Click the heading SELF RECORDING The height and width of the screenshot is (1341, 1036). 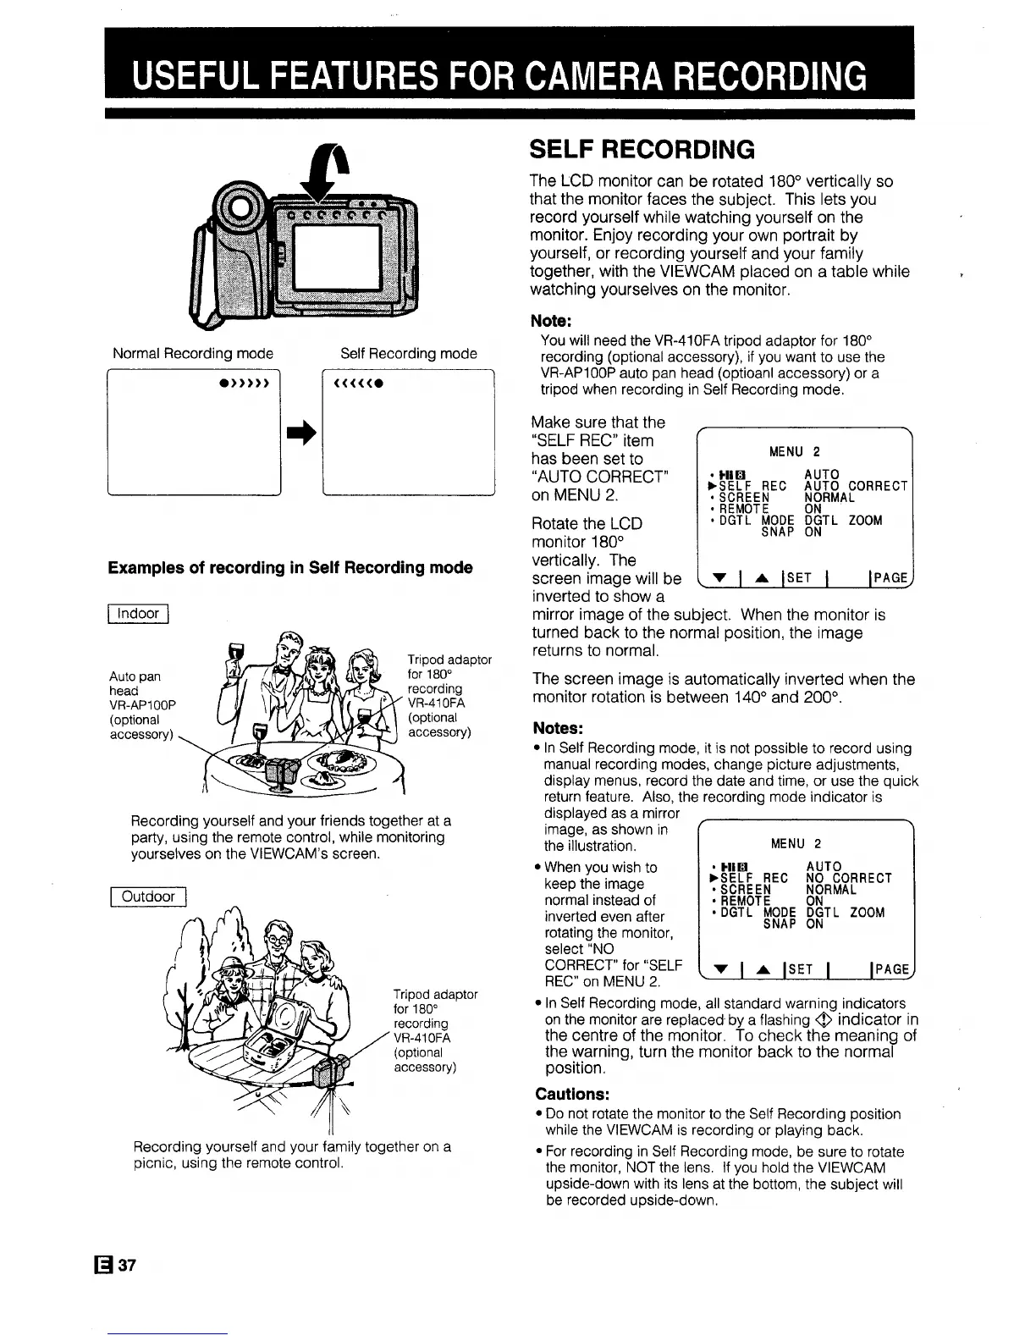(641, 150)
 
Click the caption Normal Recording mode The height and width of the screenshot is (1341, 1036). (193, 354)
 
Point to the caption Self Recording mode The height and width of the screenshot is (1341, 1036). (408, 354)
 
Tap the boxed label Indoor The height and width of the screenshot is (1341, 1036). (139, 614)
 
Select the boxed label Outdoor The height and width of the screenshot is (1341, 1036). (148, 897)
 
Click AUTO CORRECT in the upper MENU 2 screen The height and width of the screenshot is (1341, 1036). (856, 486)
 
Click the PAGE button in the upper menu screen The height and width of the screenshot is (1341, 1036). (889, 578)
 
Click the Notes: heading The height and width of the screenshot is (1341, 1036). (559, 729)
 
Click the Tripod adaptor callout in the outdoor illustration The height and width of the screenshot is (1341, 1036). (435, 1030)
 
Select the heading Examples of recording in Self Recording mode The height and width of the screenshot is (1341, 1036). (289, 567)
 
